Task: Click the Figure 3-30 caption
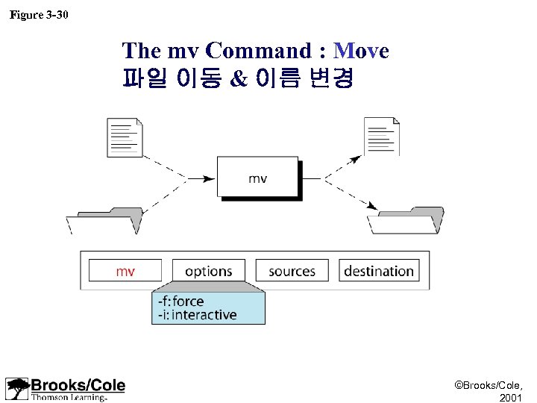pos(39,14)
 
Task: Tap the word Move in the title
pos(362,51)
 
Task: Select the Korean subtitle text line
pos(237,78)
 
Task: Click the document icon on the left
pos(125,137)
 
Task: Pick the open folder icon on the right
pos(406,221)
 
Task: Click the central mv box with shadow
pos(257,178)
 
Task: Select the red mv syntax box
pos(125,271)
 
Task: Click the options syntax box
pos(208,271)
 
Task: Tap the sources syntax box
pos(292,271)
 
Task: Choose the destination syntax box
pos(378,271)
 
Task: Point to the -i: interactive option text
pos(197,315)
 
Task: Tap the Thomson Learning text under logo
pos(69,397)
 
